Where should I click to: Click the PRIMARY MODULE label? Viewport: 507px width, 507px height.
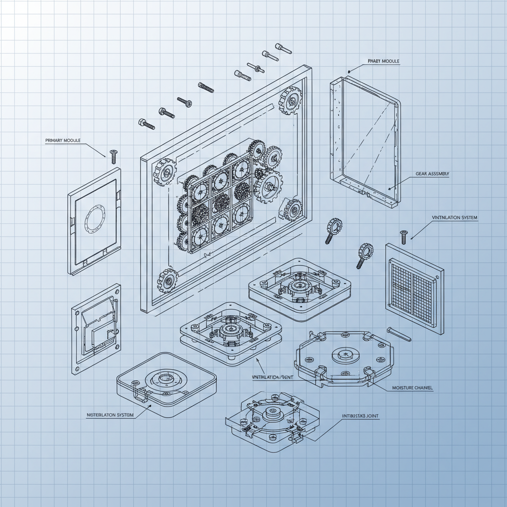62,141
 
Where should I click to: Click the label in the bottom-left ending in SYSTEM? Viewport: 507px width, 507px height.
110,415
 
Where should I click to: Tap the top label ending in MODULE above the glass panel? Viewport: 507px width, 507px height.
383,61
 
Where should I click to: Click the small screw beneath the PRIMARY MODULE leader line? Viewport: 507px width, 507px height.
113,156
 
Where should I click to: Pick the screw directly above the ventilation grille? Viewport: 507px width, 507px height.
404,236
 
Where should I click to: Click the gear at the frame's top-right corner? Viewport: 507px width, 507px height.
291,100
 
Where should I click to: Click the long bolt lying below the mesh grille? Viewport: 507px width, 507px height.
399,334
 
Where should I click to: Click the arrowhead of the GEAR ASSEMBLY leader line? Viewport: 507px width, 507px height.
390,189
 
